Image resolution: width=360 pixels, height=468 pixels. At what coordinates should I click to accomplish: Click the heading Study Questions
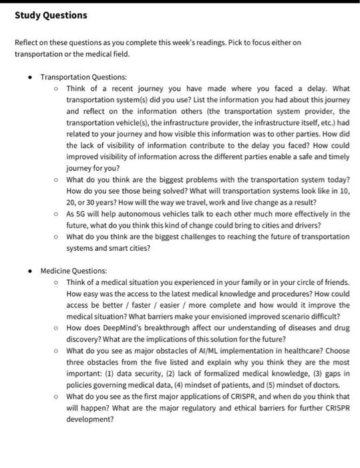[x=51, y=15]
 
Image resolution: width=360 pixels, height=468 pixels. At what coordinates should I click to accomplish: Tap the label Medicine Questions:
[x=73, y=271]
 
